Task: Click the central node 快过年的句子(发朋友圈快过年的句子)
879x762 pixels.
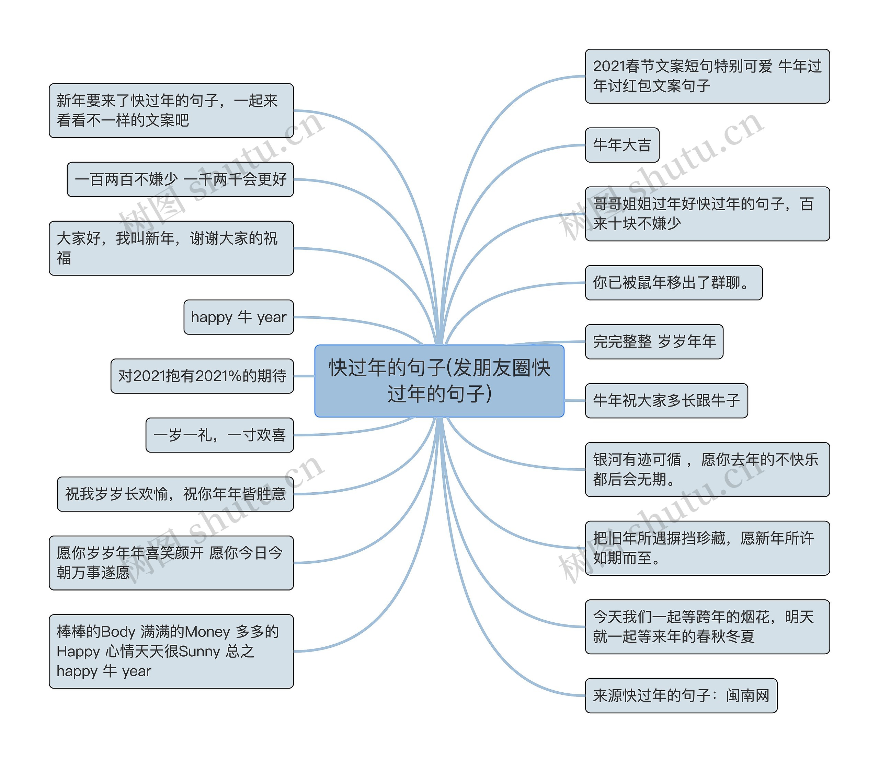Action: (x=439, y=380)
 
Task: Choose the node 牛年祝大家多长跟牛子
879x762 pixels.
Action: (x=666, y=401)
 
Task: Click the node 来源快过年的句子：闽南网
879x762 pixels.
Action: (x=681, y=696)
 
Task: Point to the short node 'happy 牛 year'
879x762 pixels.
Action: (x=238, y=317)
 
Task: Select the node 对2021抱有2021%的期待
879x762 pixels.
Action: (x=202, y=376)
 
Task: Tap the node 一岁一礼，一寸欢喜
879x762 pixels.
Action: (x=219, y=435)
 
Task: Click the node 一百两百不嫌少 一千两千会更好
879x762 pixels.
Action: (x=180, y=179)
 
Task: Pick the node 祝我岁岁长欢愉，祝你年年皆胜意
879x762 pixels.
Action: (x=175, y=494)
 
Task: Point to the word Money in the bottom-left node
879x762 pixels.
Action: (x=207, y=632)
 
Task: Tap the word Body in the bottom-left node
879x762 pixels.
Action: (x=117, y=632)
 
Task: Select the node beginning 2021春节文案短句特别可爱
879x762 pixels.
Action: (x=707, y=76)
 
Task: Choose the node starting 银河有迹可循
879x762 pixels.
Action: (x=707, y=469)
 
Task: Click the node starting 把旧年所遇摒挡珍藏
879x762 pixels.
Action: (x=707, y=548)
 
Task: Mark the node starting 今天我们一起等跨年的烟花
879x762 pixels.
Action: (x=707, y=627)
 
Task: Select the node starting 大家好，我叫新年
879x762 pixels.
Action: (x=171, y=248)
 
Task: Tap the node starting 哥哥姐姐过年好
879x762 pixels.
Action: (x=707, y=214)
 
